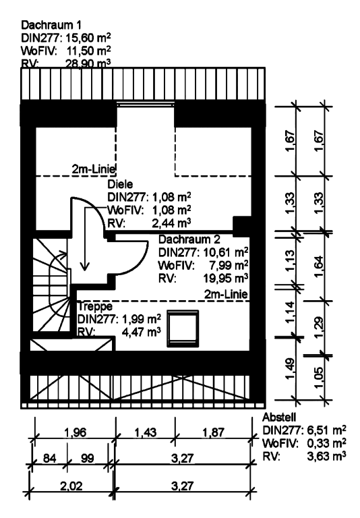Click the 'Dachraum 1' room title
pyautogui.click(x=51, y=25)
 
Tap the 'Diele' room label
pyautogui.click(x=120, y=184)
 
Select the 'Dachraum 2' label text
pyautogui.click(x=189, y=239)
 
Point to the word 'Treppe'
pyautogui.click(x=95, y=306)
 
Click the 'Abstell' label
pyautogui.click(x=279, y=418)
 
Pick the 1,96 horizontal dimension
pyautogui.click(x=75, y=432)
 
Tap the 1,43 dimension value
pyautogui.click(x=145, y=432)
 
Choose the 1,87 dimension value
pyautogui.click(x=213, y=432)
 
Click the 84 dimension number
pyautogui.click(x=49, y=458)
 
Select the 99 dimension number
pyautogui.click(x=87, y=458)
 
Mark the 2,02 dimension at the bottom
pyautogui.click(x=71, y=486)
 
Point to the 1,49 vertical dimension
pyautogui.click(x=289, y=370)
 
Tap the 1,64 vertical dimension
pyautogui.click(x=318, y=266)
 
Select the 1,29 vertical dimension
pyautogui.click(x=318, y=328)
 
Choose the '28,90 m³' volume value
pyautogui.click(x=88, y=63)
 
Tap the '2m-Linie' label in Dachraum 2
pyautogui.click(x=226, y=293)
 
